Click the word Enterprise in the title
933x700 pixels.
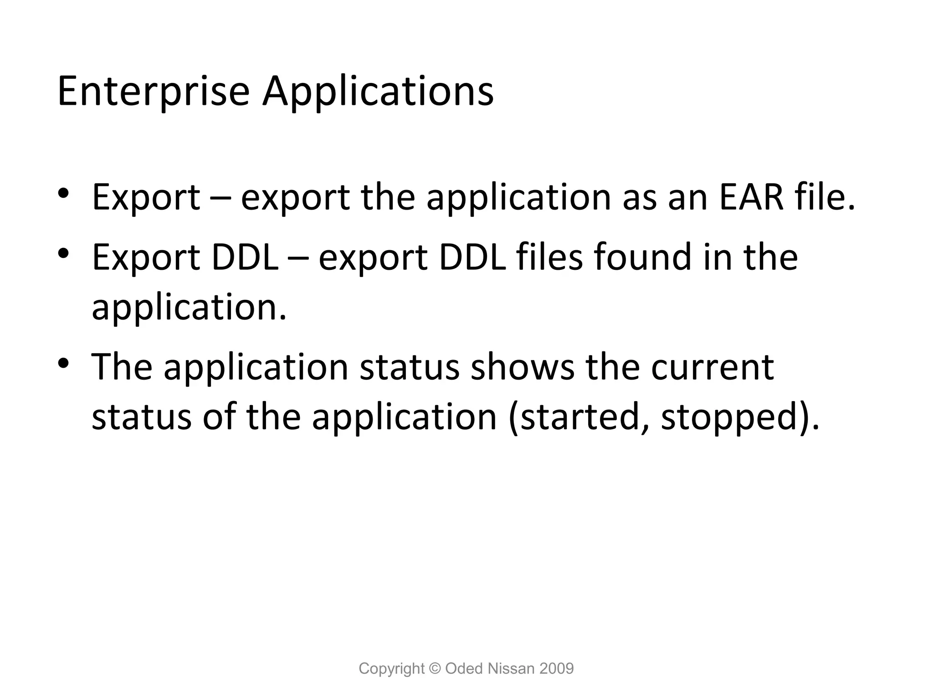pyautogui.click(x=153, y=91)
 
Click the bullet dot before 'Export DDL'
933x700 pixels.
pyautogui.click(x=63, y=252)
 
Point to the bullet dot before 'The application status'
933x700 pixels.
pyautogui.click(x=63, y=363)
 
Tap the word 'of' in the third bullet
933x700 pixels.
pyautogui.click(x=219, y=417)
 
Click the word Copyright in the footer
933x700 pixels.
pyautogui.click(x=391, y=669)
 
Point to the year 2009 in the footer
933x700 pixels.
pyautogui.click(x=556, y=669)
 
